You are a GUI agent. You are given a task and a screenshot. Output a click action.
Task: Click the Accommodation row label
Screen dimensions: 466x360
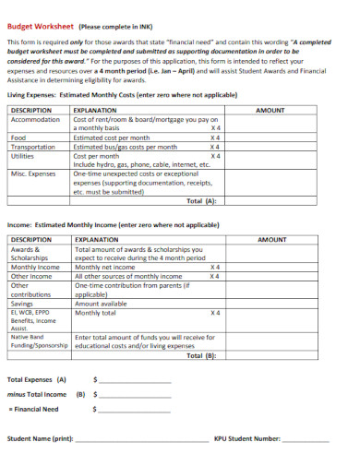[x=35, y=119]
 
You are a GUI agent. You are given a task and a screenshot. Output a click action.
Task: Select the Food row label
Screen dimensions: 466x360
[x=18, y=137]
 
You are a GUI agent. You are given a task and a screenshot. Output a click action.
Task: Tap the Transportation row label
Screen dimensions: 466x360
[x=33, y=146]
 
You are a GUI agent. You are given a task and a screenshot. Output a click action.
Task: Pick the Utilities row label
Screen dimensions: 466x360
[x=22, y=155]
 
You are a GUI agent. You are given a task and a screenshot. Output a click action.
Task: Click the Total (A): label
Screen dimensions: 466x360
[x=201, y=199]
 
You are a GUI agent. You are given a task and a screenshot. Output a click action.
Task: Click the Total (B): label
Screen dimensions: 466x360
[x=201, y=354]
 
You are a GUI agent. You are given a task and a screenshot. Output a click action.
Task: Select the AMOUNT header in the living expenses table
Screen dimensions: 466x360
[x=270, y=109]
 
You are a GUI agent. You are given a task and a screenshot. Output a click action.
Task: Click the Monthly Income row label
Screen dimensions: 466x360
[x=34, y=267]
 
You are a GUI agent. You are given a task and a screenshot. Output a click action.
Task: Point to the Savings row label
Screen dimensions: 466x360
[x=21, y=303]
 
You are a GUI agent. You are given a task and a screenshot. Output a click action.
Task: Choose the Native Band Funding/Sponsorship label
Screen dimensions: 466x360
[x=36, y=341]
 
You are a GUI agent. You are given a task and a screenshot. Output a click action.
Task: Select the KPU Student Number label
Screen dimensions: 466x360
[x=246, y=439]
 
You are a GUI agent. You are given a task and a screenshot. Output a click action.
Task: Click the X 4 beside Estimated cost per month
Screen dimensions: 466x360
[x=215, y=137]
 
